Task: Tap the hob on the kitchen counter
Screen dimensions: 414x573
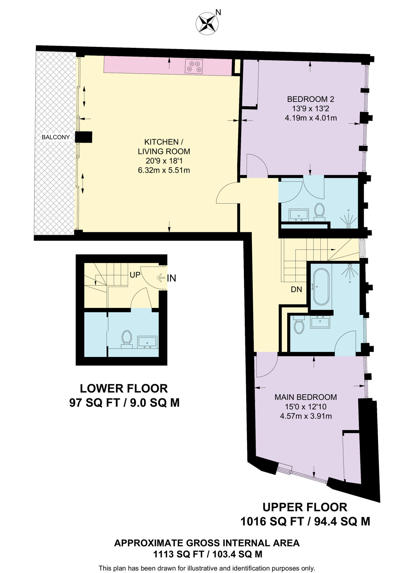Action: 194,67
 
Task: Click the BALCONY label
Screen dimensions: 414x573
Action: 56,137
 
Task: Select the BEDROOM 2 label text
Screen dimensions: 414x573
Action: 311,99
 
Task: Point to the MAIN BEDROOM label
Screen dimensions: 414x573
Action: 306,397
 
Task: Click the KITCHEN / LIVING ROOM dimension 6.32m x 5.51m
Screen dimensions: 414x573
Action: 164,170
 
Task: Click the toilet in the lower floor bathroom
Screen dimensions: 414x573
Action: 127,339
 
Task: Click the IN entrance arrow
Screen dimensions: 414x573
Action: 161,278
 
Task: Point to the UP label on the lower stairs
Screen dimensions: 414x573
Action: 135,275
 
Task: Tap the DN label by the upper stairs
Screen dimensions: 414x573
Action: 296,290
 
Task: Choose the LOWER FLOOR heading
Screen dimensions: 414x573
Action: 124,388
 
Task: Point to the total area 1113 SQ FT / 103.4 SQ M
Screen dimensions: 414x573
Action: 207,554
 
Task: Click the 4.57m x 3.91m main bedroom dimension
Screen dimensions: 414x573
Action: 306,416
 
